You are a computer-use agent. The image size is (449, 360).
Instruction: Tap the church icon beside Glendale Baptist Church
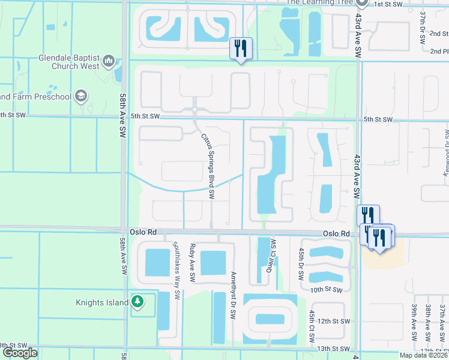click(x=109, y=61)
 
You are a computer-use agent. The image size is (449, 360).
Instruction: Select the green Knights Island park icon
click(x=138, y=302)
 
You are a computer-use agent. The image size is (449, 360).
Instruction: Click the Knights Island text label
click(x=103, y=302)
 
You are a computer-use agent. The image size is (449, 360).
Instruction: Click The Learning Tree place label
click(x=319, y=2)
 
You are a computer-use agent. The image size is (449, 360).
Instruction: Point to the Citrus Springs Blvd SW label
click(x=208, y=166)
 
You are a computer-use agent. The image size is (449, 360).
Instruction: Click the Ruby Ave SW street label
click(x=192, y=263)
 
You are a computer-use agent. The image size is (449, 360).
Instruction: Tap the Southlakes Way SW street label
click(x=177, y=270)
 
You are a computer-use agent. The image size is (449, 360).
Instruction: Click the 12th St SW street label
click(x=334, y=322)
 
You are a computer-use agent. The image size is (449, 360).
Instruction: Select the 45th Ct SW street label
click(x=312, y=327)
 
